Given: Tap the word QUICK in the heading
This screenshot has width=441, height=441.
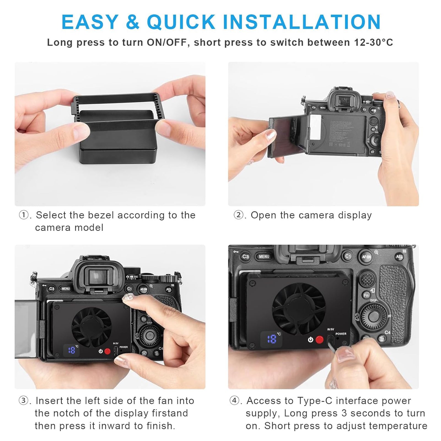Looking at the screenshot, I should [181, 22].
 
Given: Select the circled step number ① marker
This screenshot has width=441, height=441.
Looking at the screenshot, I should [23, 215].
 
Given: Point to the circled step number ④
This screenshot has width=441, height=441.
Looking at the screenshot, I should [235, 400].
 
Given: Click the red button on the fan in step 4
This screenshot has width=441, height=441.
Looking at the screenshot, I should [319, 340].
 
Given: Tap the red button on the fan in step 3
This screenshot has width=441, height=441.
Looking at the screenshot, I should [107, 351].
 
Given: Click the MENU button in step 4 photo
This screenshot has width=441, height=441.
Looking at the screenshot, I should [264, 257].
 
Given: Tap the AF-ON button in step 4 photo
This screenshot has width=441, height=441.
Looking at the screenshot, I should [367, 257].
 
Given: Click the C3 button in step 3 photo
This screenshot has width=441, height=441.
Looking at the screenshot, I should [52, 289].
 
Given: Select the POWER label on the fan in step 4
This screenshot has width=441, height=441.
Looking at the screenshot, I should [341, 334].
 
